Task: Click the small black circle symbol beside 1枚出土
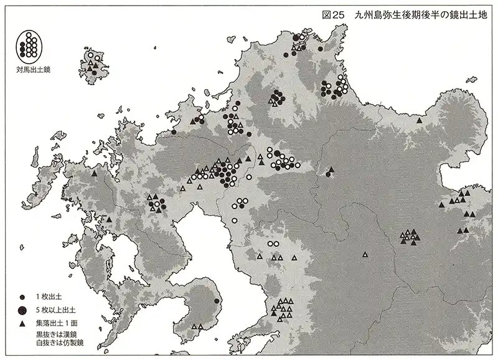pyautogui.click(x=22, y=297)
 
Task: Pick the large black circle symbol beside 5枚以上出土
pyautogui.click(x=22, y=310)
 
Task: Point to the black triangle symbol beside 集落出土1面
pyautogui.click(x=22, y=324)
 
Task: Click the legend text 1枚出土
pyautogui.click(x=50, y=297)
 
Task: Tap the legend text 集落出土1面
pyautogui.click(x=58, y=324)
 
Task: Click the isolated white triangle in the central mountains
pyautogui.click(x=365, y=253)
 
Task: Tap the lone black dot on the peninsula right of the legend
pyautogui.click(x=216, y=301)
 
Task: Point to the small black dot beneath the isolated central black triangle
pyautogui.click(x=328, y=175)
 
